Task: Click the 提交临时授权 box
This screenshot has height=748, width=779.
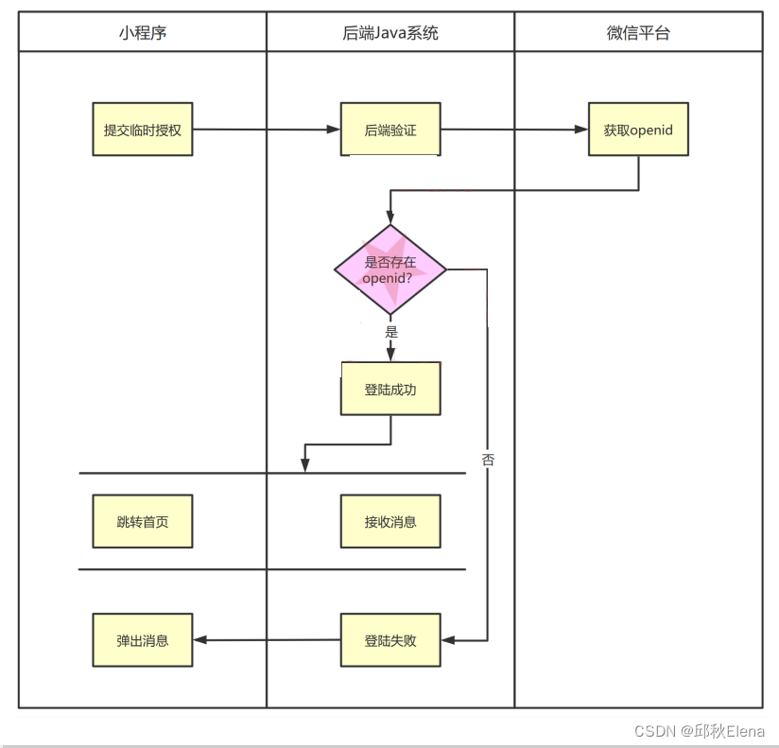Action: click(x=142, y=130)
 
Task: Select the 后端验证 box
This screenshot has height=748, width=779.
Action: click(x=390, y=130)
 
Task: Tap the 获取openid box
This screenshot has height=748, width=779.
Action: click(x=638, y=130)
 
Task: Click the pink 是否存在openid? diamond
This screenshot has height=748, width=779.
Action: click(x=390, y=270)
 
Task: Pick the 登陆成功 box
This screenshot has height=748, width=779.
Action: click(x=390, y=389)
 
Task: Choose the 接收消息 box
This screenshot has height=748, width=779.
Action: click(x=390, y=521)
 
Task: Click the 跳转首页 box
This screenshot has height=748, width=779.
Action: click(x=142, y=521)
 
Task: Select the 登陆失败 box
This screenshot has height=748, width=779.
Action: click(x=390, y=640)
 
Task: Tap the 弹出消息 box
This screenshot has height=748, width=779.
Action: click(x=142, y=640)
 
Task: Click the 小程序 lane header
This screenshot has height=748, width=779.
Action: click(x=142, y=33)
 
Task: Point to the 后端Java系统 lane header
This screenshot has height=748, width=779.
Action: click(x=390, y=33)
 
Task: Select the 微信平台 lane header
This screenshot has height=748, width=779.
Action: click(x=638, y=33)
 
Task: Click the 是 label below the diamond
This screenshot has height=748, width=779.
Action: click(x=391, y=332)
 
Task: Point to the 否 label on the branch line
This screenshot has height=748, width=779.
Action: click(x=488, y=461)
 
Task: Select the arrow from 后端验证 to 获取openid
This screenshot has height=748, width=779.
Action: click(x=514, y=130)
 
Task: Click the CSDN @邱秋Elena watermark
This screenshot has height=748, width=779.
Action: click(x=700, y=731)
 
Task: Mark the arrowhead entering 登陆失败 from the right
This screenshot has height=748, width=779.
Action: click(x=448, y=640)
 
